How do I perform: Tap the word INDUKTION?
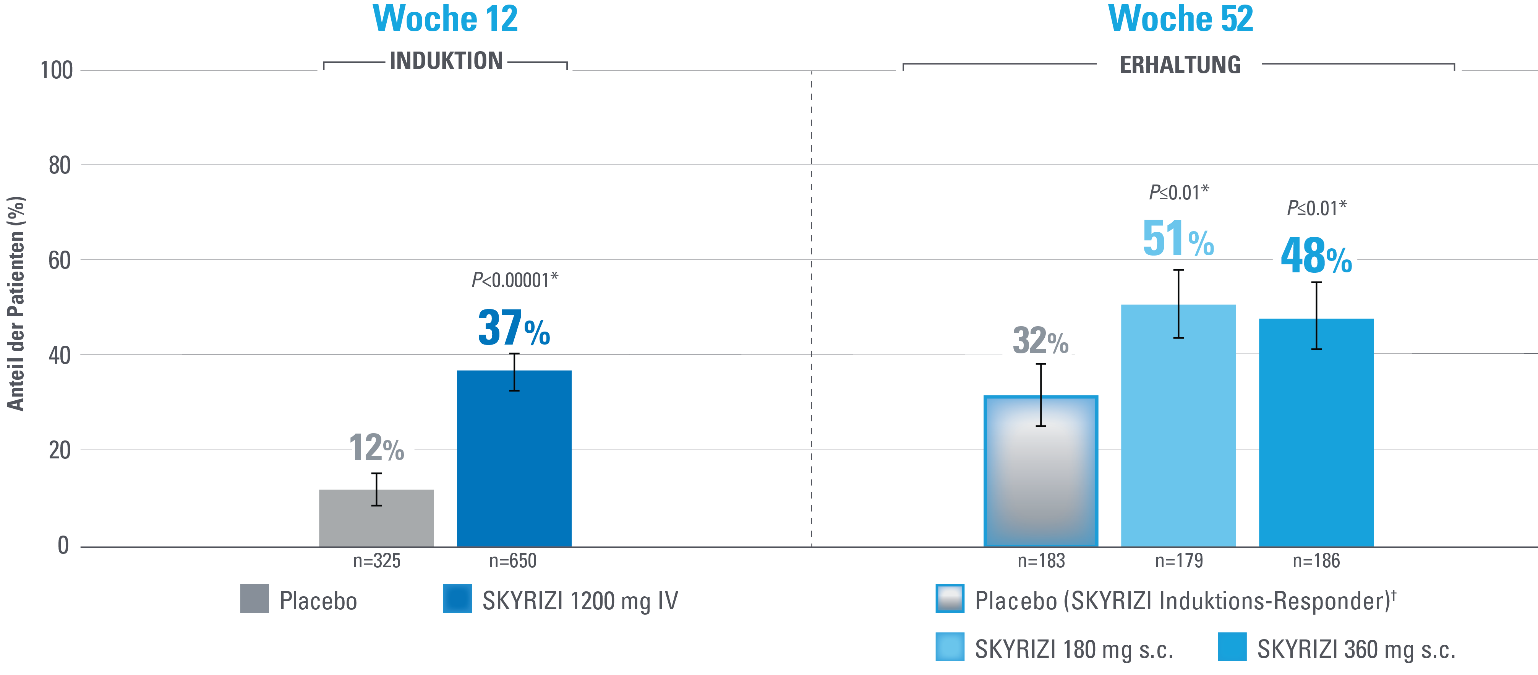click(x=446, y=61)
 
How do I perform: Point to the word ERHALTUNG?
click(x=1180, y=65)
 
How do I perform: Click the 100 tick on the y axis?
click(x=57, y=70)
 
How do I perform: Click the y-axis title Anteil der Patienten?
click(x=16, y=303)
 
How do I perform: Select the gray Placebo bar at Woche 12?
click(x=376, y=518)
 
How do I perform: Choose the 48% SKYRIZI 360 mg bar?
click(x=1316, y=433)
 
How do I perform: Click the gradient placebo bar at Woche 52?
click(x=1040, y=471)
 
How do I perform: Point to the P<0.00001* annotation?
click(x=515, y=280)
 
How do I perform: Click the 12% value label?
click(x=376, y=448)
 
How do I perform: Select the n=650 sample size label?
click(x=513, y=561)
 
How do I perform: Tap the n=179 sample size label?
click(x=1178, y=561)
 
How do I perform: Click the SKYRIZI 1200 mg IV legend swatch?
click(x=457, y=599)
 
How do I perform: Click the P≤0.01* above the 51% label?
click(x=1178, y=193)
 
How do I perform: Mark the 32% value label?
click(x=1040, y=341)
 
